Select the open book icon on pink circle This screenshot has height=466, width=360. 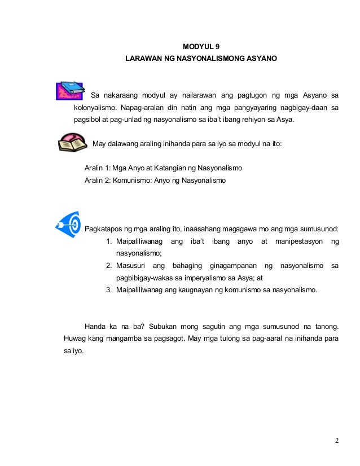coord(73,143)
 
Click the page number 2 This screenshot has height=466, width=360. coord(336,441)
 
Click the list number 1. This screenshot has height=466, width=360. coord(109,242)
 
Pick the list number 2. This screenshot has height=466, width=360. coord(109,265)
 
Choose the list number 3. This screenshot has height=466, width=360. coord(109,290)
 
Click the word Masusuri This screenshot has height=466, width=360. coord(131,265)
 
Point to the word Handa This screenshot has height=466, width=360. coord(95,327)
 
